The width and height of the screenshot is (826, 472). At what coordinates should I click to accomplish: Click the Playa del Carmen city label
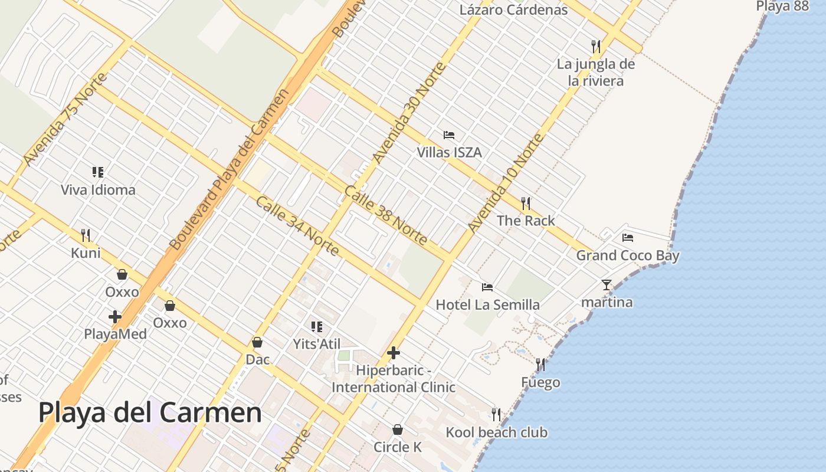pos(150,412)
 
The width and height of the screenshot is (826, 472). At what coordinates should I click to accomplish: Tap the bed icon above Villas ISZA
pos(449,135)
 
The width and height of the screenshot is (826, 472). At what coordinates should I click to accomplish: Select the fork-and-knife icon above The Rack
pos(526,204)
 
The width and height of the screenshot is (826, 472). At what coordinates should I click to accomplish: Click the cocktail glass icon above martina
pos(607,285)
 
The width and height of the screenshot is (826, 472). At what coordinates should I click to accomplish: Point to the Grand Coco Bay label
pos(628,255)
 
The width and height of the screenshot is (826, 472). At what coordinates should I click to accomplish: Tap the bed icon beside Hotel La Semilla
pos(487,287)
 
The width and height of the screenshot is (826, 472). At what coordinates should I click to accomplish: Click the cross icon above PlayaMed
pos(115,317)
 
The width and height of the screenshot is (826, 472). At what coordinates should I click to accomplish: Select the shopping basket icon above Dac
pos(257,342)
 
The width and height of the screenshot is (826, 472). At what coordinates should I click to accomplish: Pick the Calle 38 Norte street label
pos(385,215)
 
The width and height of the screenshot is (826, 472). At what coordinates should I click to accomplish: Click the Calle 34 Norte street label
pos(297,226)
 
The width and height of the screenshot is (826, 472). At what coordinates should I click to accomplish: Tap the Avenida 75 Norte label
pos(65,119)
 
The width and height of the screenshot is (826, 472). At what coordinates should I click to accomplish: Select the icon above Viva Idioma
pos(98,172)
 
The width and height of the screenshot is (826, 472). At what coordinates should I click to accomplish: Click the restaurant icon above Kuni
pos(86,235)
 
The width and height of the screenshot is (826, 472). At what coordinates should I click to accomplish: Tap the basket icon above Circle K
pos(398,430)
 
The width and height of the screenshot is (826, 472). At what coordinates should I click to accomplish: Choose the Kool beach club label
pos(496,432)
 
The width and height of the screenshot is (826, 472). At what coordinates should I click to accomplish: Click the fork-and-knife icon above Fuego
pos(540,365)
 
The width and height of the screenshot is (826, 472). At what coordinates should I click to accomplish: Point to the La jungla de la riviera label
pos(596,72)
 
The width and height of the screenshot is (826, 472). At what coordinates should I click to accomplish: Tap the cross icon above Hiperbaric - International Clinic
pos(394,353)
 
